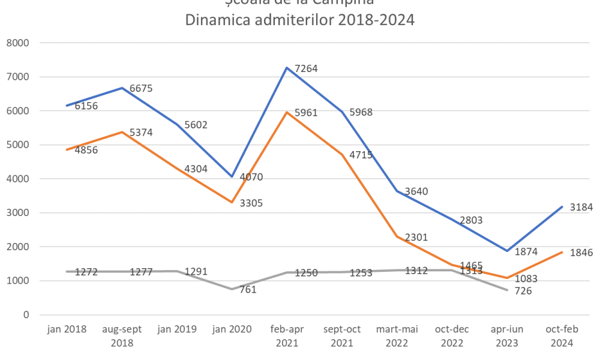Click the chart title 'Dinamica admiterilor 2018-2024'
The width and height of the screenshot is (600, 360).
299,20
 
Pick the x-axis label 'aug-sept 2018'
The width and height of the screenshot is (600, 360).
122,336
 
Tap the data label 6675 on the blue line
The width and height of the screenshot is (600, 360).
142,89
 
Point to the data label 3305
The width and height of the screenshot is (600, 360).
251,203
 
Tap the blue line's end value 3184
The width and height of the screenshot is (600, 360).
580,208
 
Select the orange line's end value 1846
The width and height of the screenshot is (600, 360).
580,253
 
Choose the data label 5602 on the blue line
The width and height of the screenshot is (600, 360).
196,125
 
